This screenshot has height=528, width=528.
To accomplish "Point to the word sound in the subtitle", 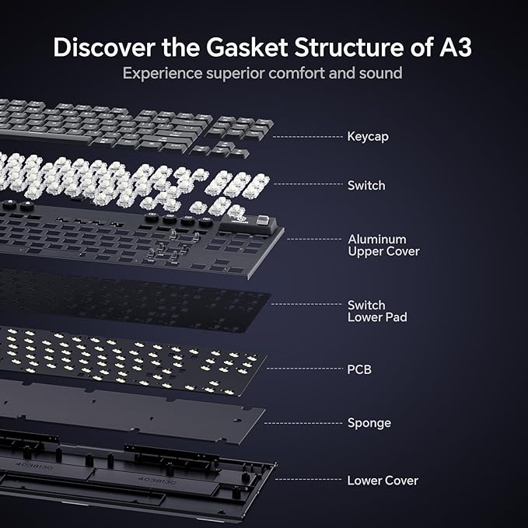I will point(380,74).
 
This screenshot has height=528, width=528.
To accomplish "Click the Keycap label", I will point(368,137).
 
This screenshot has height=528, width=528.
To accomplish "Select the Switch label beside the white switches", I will point(365,186).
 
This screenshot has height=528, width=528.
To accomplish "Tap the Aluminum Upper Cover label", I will point(383,245).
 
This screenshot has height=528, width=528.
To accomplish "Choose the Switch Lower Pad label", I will point(377,311).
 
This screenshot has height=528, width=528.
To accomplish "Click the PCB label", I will point(359,369).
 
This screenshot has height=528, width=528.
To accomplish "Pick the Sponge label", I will point(369,423).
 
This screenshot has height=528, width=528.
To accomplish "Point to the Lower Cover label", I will point(382,481).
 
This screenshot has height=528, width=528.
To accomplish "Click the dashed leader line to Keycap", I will point(308,137).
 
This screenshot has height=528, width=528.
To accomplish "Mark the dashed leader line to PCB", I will point(306,369).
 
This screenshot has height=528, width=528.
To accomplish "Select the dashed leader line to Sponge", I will point(303,423).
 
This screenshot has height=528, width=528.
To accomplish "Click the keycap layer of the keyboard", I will point(132,124).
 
